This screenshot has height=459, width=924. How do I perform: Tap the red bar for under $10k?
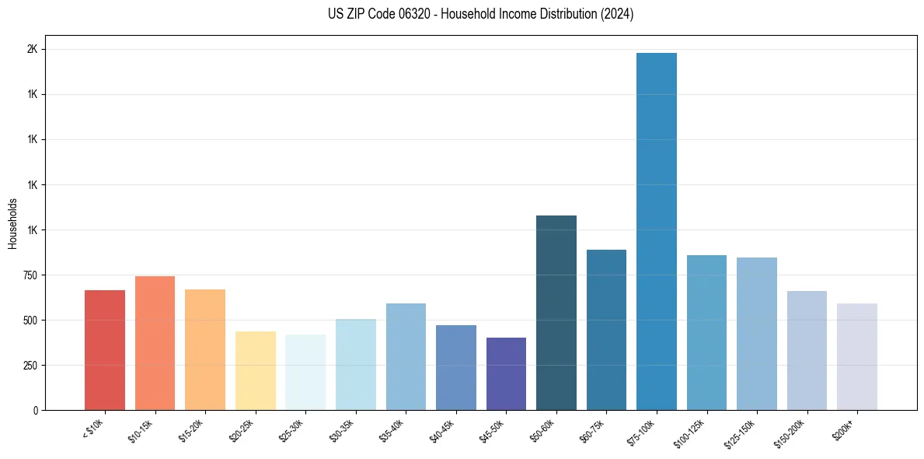105,350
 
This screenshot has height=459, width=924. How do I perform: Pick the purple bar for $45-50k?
506,373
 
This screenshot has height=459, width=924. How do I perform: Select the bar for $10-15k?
155,343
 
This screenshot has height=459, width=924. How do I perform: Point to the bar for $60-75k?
606,330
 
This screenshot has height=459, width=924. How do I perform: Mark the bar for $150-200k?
807,350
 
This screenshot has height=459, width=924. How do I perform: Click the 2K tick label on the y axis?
32,49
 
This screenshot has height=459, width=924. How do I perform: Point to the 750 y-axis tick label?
30,275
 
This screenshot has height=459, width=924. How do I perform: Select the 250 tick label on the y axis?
30,366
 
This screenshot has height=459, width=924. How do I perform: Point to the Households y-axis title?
12,223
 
